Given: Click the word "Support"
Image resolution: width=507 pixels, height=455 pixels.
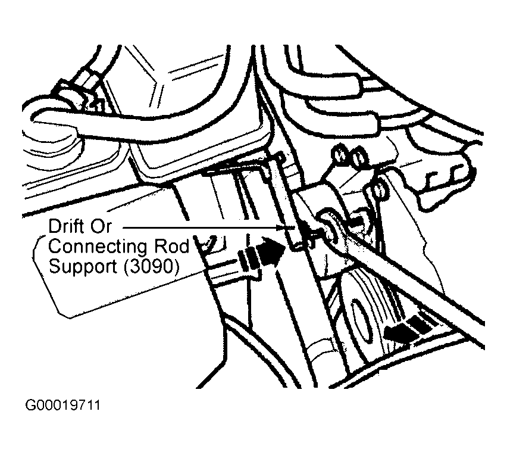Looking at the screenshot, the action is pos(83,266).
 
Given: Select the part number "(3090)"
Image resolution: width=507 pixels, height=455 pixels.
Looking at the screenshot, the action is pos(151,266).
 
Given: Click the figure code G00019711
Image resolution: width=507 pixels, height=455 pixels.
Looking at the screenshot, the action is pos(62,407).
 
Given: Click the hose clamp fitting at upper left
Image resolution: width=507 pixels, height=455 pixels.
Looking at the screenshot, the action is pos(77,96).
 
